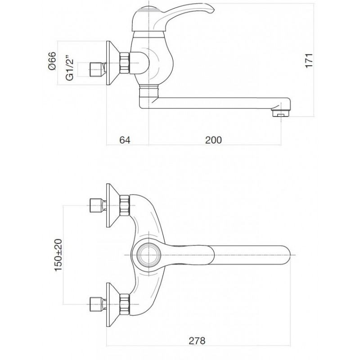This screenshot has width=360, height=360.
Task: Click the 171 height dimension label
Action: coord(309,61)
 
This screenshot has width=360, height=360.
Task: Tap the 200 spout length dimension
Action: coord(213,140)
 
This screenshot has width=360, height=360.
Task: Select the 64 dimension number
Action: coord(125,140)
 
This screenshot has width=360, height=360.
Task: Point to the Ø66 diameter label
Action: coord(52,61)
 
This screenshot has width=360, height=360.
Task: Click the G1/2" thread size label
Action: coord(70,68)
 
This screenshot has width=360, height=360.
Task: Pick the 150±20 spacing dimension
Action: coord(58,255)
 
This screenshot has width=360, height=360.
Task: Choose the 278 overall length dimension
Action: coord(197,341)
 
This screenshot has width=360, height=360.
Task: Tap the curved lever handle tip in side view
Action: coord(211,8)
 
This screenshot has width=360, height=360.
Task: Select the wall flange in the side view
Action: coord(112,63)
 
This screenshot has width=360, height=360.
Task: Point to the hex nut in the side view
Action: coord(125,63)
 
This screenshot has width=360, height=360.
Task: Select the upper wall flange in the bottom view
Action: coord(112,206)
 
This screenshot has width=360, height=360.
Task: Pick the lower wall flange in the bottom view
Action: coord(112,305)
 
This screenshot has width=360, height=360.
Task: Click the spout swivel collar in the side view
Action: coord(149,90)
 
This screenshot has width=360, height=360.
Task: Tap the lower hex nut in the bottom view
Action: coord(125,304)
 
